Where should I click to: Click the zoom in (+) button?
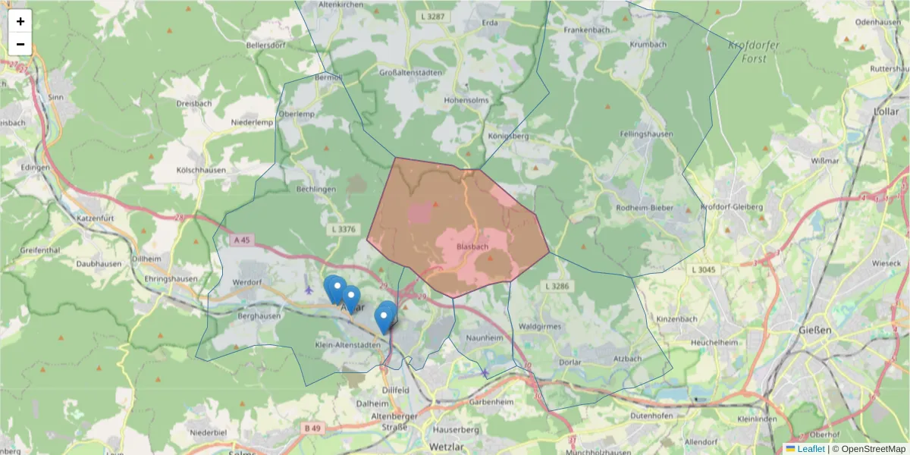pyautogui.click(x=20, y=21)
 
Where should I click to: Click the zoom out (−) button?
pyautogui.click(x=20, y=44)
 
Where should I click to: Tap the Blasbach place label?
pyautogui.click(x=472, y=247)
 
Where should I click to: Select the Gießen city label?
pyautogui.click(x=815, y=331)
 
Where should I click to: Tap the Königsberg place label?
pyautogui.click(x=508, y=136)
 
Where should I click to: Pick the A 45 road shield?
pyautogui.click(x=242, y=240)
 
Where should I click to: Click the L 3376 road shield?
pyautogui.click(x=344, y=227)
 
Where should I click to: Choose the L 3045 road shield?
pyautogui.click(x=704, y=269)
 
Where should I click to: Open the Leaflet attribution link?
pyautogui.click(x=811, y=449)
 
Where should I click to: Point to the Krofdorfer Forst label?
pyautogui.click(x=752, y=52)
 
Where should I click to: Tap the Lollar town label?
pyautogui.click(x=886, y=111)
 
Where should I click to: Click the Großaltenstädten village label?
pyautogui.click(x=409, y=73)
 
